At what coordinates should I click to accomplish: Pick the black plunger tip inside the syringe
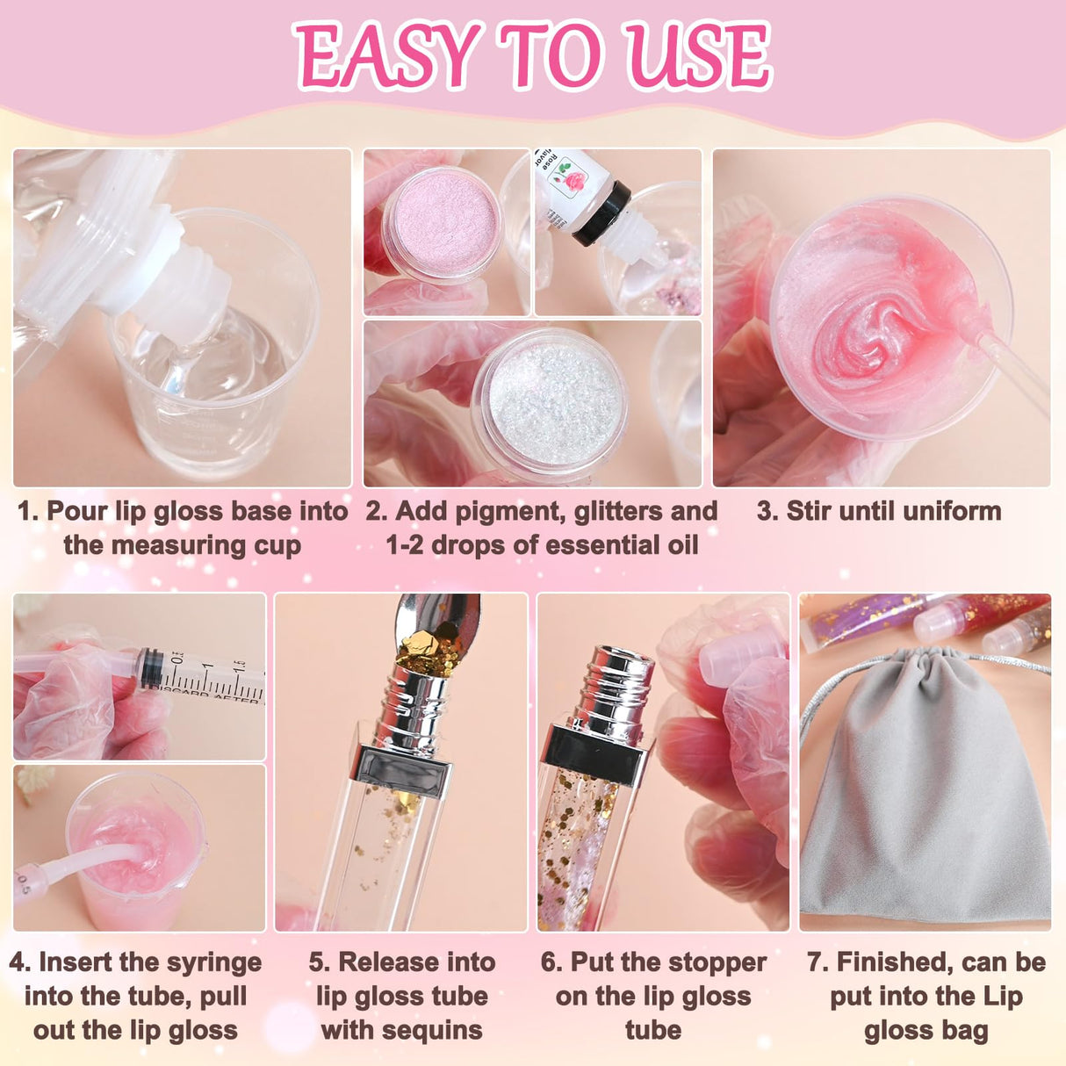[152, 666]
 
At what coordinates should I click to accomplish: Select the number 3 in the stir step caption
[765, 511]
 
